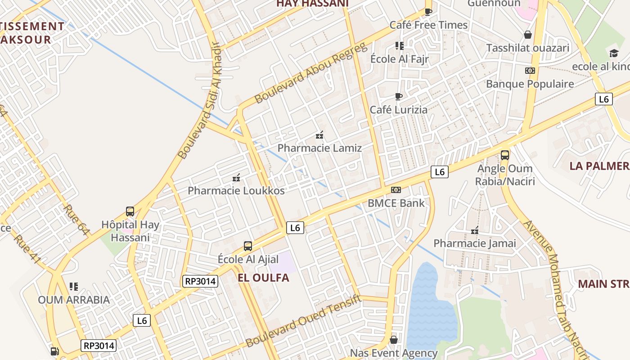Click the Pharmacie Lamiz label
tap(319, 148)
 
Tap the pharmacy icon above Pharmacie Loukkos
tap(236, 178)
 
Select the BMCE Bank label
tap(396, 203)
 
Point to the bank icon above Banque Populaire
tap(530, 71)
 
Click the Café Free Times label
tap(428, 25)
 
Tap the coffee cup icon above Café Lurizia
tap(398, 96)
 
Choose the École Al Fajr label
tap(399, 59)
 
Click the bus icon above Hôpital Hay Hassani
tap(130, 211)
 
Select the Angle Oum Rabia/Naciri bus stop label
tap(505, 175)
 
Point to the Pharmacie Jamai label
tap(474, 243)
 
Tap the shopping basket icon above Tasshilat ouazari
tap(528, 35)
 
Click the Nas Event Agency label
tap(394, 353)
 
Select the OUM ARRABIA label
tap(73, 300)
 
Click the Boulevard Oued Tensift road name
tap(303, 320)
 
